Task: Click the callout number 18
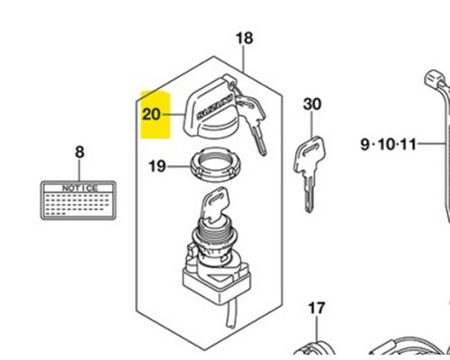click(x=244, y=38)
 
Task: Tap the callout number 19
click(x=157, y=166)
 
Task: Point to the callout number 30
click(x=311, y=104)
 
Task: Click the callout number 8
click(x=78, y=152)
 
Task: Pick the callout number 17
click(x=315, y=309)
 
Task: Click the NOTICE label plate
click(x=78, y=200)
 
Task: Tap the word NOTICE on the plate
click(x=78, y=186)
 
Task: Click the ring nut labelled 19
click(x=209, y=166)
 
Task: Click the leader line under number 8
click(x=78, y=169)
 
